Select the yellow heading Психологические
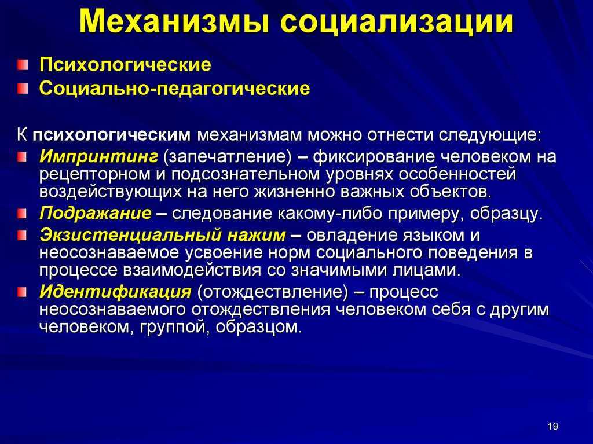125,65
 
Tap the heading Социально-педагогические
175,89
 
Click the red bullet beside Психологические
23,65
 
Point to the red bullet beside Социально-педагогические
23,89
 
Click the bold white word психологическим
112,135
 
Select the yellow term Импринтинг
98,156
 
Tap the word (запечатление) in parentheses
227,157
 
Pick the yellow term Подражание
96,214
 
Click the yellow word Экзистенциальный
130,235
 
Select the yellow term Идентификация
115,292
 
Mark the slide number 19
553,426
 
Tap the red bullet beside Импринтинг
23,156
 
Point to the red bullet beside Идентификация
23,292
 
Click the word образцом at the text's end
259,327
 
